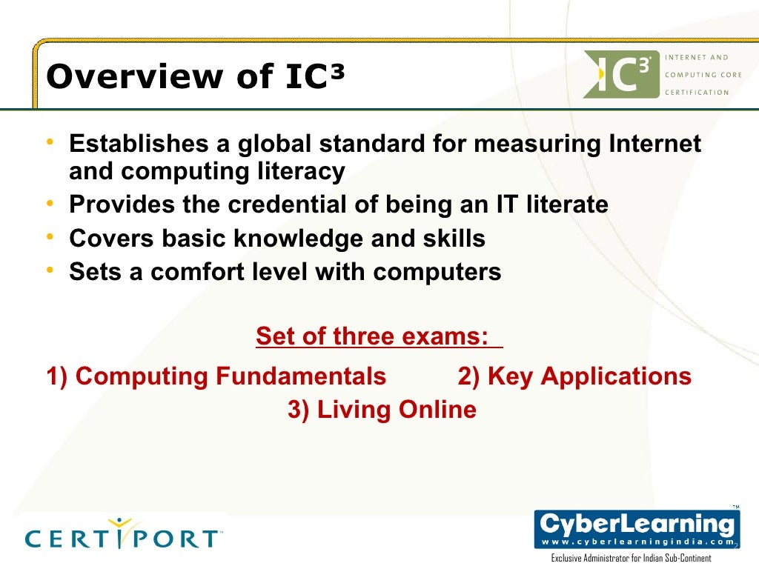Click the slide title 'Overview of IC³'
[196, 77]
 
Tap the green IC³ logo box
[621, 74]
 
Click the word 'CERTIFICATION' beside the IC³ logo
[697, 92]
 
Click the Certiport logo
[123, 535]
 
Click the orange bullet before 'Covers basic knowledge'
[49, 236]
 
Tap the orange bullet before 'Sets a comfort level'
[49, 270]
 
